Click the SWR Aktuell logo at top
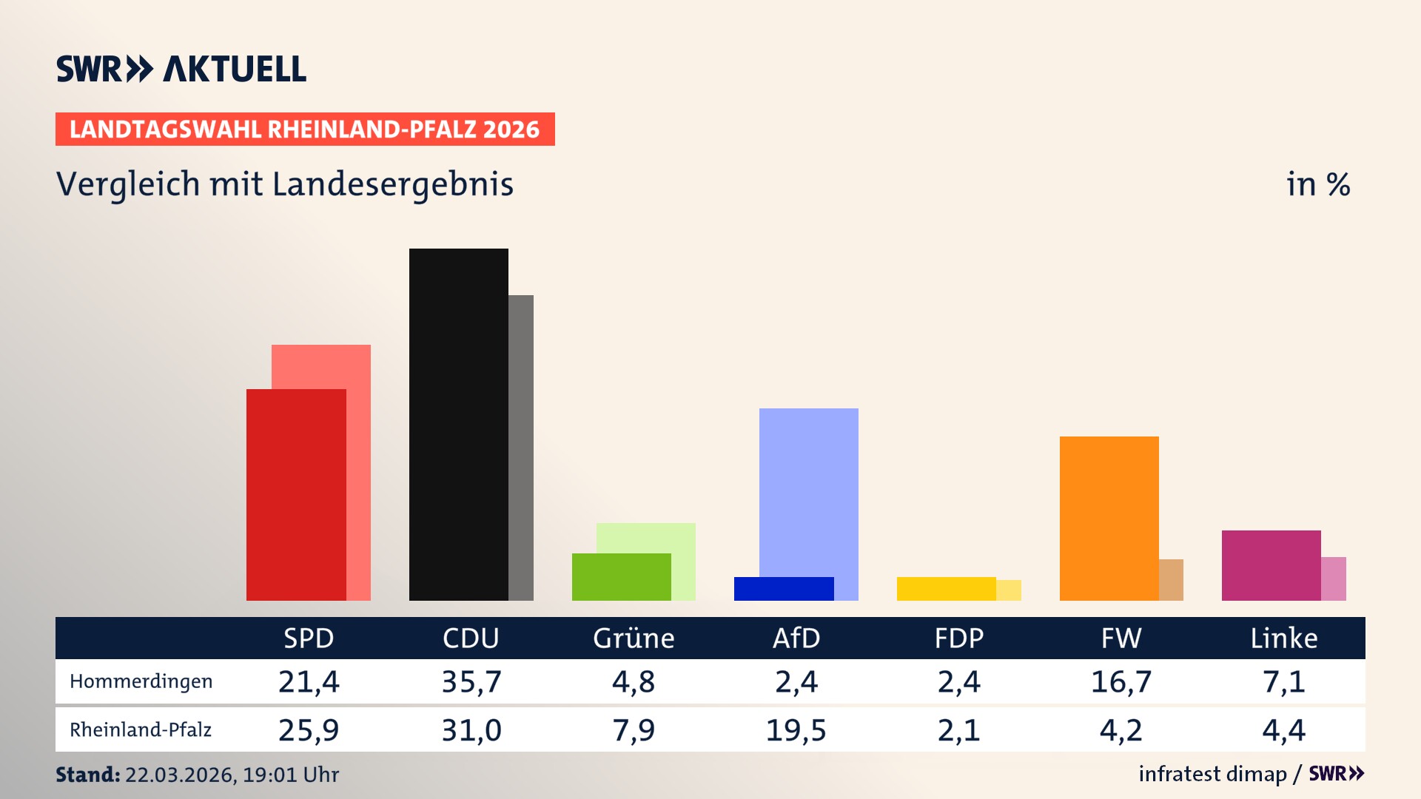(x=181, y=69)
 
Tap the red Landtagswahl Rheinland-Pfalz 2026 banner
(x=304, y=129)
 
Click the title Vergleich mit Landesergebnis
(x=284, y=184)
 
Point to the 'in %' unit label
(x=1317, y=184)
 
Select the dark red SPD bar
(x=295, y=494)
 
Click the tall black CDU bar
(x=458, y=424)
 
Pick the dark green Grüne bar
(x=620, y=576)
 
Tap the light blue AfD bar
(x=808, y=488)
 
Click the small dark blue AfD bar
(x=783, y=588)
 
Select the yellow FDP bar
(x=945, y=588)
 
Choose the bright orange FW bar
(x=1108, y=518)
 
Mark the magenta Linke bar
(x=1270, y=564)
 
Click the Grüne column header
(x=634, y=638)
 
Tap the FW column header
(x=1121, y=638)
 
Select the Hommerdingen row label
(x=141, y=681)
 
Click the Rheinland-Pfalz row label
(x=141, y=730)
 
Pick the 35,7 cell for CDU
(x=471, y=681)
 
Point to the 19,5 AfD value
(x=796, y=730)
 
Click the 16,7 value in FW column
(x=1121, y=681)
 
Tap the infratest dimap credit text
(x=1212, y=774)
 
